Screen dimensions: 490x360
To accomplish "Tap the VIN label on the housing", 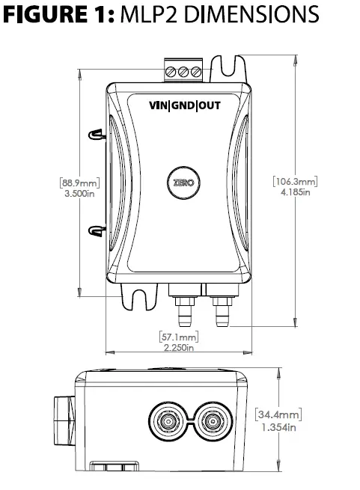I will coord(159,105).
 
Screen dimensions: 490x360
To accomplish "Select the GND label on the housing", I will coord(183,105).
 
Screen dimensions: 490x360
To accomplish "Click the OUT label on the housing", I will coord(208,105).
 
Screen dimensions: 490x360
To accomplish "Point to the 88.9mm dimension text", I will coord(79,182).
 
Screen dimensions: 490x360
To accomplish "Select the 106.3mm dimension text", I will coord(296,181).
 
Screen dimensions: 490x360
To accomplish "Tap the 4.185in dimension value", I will coord(296,192).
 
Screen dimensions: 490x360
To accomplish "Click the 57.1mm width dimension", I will coord(179,337).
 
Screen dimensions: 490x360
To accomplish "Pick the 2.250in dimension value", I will coord(179,348).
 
